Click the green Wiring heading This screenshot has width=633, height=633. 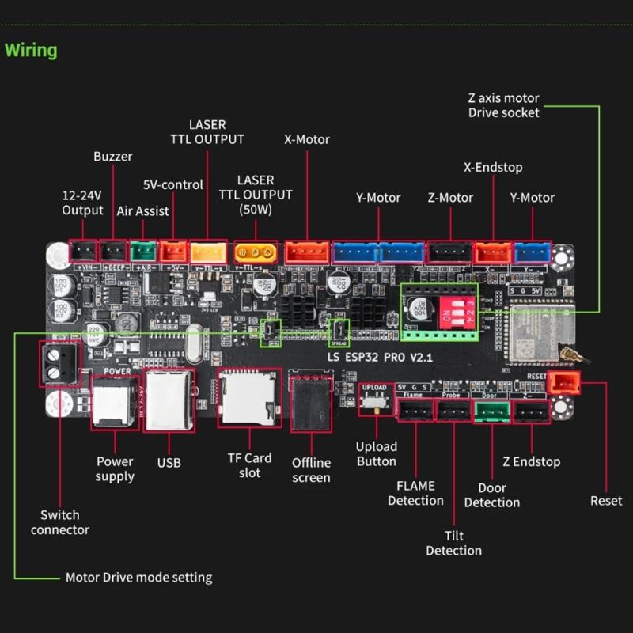point(32,51)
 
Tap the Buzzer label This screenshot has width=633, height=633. point(113,157)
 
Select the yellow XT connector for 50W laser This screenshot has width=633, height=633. point(256,252)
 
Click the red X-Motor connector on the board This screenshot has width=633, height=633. point(307,252)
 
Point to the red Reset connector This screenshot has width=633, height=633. point(564,383)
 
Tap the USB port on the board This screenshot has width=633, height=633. point(169,400)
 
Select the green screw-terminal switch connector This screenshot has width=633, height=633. point(59,365)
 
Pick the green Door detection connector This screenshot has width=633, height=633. point(492,410)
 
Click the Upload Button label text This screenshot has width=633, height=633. point(377,453)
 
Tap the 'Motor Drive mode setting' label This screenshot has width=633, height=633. point(138,577)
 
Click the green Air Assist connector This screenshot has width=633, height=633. point(143,252)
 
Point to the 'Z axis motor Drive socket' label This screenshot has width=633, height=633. point(503,105)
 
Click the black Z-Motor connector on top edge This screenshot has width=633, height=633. point(449,252)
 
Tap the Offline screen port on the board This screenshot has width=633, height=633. point(311,404)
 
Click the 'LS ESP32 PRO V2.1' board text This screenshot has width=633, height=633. point(380,358)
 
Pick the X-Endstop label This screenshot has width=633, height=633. point(493,167)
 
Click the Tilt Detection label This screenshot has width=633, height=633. point(453,543)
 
